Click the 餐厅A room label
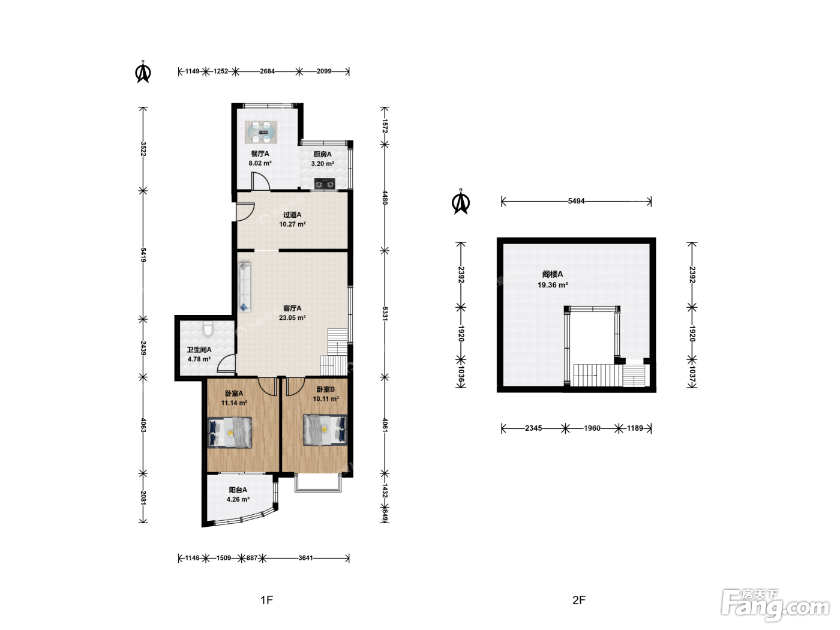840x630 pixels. coord(260,154)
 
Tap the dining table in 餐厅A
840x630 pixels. coord(261,132)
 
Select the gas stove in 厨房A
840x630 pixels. coord(325,184)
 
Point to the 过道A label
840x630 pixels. coord(292,215)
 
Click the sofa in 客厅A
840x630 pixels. coord(245,287)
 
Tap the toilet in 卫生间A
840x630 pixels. coord(208,329)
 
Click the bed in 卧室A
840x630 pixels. coord(230,432)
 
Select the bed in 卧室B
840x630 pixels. coord(325,430)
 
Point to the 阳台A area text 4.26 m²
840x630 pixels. coord(238,499)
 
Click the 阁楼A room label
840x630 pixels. coord(552,274)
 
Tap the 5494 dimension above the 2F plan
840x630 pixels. coord(576,201)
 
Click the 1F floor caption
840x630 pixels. coord(267,600)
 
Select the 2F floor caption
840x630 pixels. coord(578,600)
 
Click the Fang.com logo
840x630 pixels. coord(775,605)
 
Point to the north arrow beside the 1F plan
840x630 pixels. coord(143,71)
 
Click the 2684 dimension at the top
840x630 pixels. coord(267,71)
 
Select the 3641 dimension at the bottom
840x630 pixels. coord(306,558)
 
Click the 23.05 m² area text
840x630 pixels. coord(292,317)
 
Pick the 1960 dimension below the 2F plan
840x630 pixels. coord(592,428)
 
